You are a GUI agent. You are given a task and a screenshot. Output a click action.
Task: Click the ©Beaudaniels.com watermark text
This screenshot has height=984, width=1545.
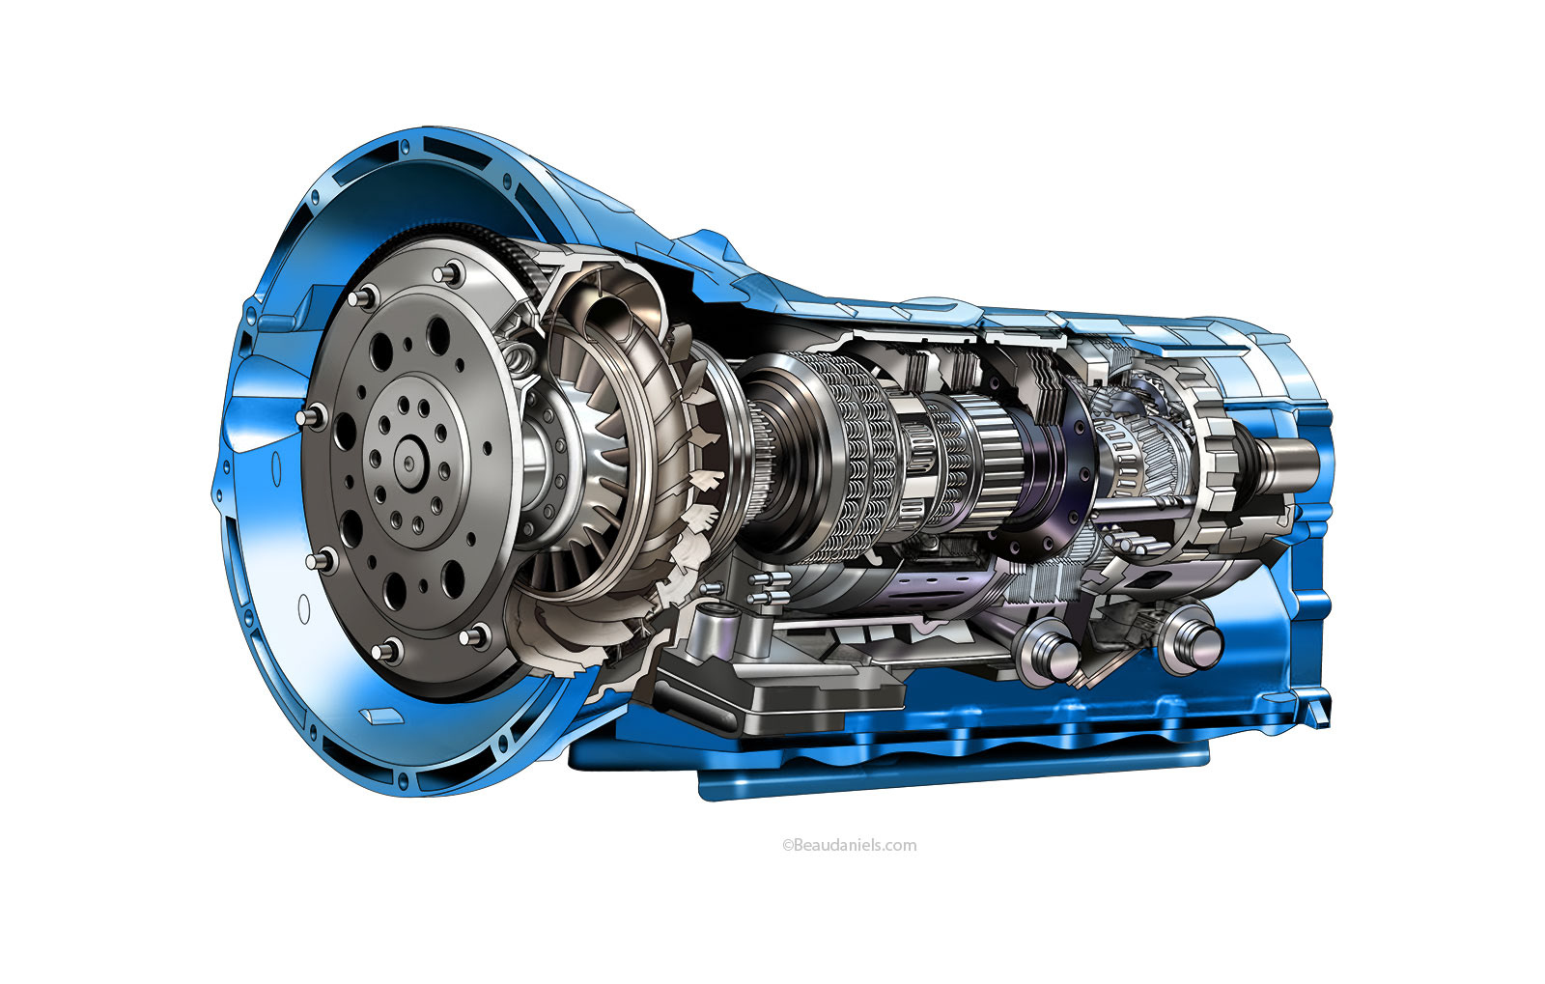pyautogui.click(x=849, y=845)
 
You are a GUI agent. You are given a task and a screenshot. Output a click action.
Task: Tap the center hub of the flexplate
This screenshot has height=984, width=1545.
pyautogui.click(x=409, y=462)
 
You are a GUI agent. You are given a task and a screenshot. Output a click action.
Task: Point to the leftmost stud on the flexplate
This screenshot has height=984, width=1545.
pyautogui.click(x=312, y=416)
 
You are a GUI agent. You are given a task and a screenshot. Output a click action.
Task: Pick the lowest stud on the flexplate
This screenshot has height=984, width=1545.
pyautogui.click(x=387, y=650)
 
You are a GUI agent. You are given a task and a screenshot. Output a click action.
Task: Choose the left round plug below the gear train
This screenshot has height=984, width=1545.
pyautogui.click(x=1049, y=651)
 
